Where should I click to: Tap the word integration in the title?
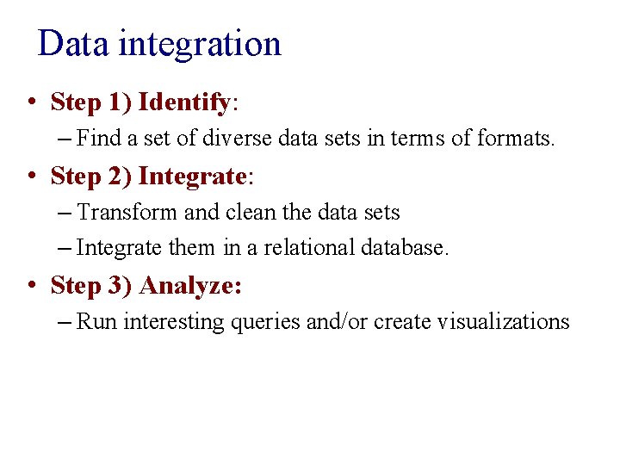(200, 44)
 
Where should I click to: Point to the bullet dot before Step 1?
(31, 102)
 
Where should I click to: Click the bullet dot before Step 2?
(31, 177)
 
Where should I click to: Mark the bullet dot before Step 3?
(31, 285)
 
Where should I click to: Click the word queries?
(265, 322)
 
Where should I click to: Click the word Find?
(94, 137)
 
